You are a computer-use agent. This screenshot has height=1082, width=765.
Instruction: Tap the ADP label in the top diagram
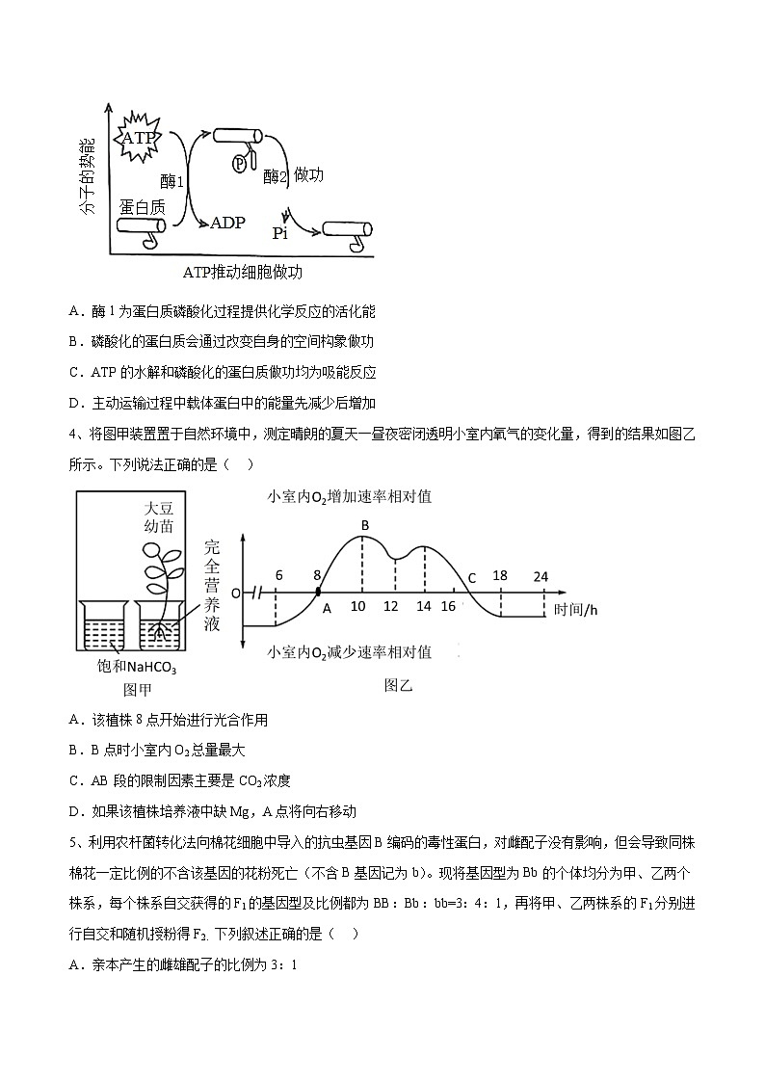click(x=227, y=223)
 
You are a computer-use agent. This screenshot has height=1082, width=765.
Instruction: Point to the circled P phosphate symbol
click(x=240, y=164)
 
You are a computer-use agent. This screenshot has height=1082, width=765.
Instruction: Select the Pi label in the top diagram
click(x=279, y=232)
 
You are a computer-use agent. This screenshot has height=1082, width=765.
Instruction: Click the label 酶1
click(x=172, y=180)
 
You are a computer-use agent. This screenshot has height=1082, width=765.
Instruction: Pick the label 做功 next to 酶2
click(x=308, y=174)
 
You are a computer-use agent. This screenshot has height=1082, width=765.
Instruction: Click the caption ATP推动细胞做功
click(x=243, y=272)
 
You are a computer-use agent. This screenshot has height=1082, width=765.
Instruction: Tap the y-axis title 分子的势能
click(x=88, y=176)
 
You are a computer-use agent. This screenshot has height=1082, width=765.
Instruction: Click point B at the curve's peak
click(x=365, y=524)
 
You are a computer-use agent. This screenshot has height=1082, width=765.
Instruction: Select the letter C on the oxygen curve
click(x=472, y=578)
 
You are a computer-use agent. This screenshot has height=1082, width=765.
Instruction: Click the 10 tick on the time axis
click(x=357, y=606)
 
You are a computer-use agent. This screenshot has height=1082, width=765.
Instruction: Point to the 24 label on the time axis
click(x=541, y=576)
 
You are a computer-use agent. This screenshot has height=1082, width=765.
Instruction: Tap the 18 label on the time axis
click(x=499, y=575)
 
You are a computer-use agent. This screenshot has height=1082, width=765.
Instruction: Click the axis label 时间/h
click(x=577, y=608)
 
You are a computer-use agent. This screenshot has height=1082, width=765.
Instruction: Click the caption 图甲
click(x=139, y=689)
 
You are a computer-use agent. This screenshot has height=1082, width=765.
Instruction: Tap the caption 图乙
click(x=398, y=685)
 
